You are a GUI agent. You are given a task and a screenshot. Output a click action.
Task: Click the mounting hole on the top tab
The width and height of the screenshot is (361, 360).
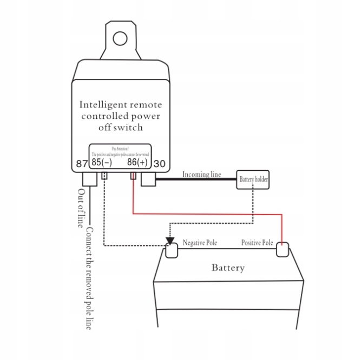[x=120, y=38]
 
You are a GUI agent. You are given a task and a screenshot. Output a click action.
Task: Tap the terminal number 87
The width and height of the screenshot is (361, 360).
[x=82, y=163]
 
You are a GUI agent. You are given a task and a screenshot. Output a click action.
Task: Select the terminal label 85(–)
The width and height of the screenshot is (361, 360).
[x=101, y=162]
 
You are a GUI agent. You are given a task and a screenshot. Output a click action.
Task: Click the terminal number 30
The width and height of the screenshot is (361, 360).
[x=160, y=163]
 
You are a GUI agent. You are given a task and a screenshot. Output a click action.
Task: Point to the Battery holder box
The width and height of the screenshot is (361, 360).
[x=253, y=179]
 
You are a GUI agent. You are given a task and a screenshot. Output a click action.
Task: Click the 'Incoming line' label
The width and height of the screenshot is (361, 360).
[x=201, y=174]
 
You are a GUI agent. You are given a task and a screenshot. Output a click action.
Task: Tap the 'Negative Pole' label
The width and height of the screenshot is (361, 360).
[x=200, y=243]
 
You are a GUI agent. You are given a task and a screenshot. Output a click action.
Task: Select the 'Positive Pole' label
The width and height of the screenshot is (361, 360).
[x=257, y=243]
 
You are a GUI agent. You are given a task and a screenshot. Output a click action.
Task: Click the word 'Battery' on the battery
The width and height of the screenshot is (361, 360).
[x=228, y=268]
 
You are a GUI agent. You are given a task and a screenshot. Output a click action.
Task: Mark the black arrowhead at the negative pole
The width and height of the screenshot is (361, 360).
[x=170, y=240]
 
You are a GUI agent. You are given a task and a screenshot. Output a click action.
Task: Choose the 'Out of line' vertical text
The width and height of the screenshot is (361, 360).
[x=82, y=208]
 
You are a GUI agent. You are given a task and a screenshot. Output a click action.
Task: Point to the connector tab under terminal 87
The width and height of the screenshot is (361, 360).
[x=89, y=179]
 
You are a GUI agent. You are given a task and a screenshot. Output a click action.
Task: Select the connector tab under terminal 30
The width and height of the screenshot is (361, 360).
[x=148, y=179]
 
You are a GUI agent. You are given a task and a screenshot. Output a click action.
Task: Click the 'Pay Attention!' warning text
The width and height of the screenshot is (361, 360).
[x=120, y=148]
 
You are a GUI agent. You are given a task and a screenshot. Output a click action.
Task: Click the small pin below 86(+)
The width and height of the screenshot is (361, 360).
[x=133, y=176]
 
